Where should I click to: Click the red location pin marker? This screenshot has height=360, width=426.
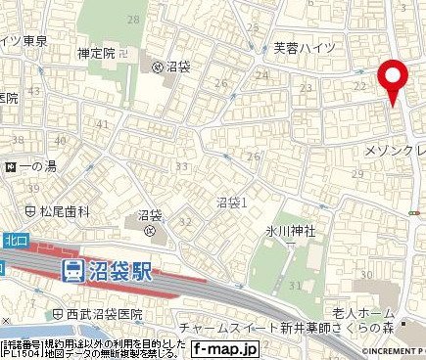point(394,77)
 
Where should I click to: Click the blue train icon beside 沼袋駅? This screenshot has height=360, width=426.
point(71,272)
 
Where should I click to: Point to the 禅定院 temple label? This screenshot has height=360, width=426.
point(97,55)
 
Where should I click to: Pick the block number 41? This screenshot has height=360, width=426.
point(102,124)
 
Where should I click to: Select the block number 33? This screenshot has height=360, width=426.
point(180,166)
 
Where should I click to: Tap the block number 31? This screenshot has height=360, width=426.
point(295,286)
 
